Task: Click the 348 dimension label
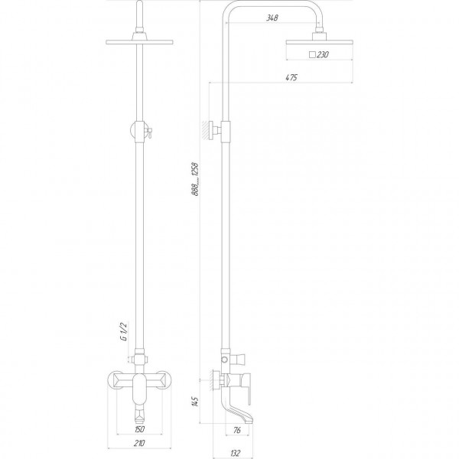272,18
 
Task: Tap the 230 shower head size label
323,54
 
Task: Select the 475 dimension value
291,77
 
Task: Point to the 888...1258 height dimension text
195,179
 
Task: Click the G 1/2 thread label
124,332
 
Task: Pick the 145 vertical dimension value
195,402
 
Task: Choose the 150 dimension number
139,429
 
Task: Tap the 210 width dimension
139,443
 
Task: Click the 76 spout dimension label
237,430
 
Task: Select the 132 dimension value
236,454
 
